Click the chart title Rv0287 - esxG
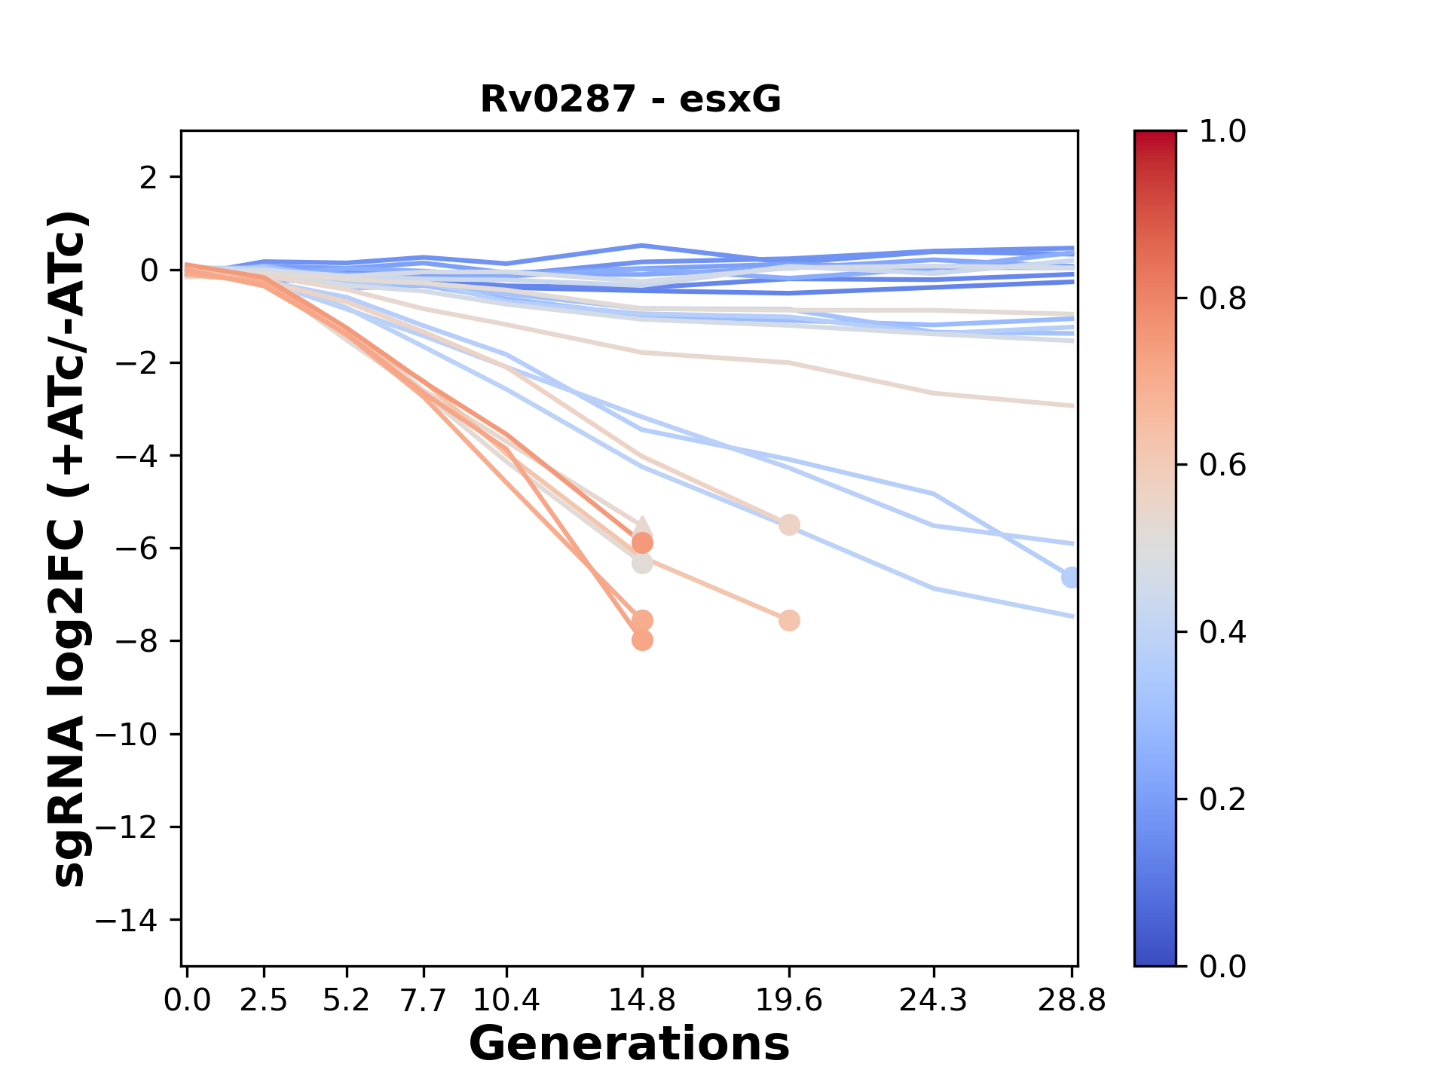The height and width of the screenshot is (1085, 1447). [x=630, y=99]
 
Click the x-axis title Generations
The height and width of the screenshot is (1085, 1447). [x=629, y=1044]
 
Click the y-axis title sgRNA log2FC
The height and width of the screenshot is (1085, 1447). [x=69, y=549]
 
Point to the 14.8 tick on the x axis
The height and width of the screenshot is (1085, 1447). [x=642, y=1001]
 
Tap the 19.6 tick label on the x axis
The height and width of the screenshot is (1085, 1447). [x=789, y=1001]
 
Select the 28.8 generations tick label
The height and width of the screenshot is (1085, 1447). [x=1072, y=1001]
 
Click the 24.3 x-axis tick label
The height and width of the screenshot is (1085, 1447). [x=934, y=1001]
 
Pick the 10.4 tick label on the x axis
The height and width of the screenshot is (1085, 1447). [x=506, y=1001]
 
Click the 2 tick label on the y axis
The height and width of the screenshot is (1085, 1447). [x=149, y=178]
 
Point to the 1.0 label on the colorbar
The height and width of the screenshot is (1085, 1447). [x=1222, y=132]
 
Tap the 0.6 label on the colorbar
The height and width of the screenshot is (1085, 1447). [x=1222, y=466]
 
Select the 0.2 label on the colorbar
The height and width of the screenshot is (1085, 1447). [x=1222, y=799]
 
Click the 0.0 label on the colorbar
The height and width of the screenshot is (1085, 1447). [x=1222, y=966]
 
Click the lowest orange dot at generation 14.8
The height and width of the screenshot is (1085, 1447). [x=642, y=640]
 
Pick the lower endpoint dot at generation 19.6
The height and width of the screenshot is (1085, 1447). [x=789, y=621]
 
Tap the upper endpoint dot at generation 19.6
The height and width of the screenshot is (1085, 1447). [x=789, y=525]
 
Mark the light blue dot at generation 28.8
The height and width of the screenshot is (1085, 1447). [x=1070, y=578]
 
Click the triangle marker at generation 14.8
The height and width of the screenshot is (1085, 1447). [x=642, y=527]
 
